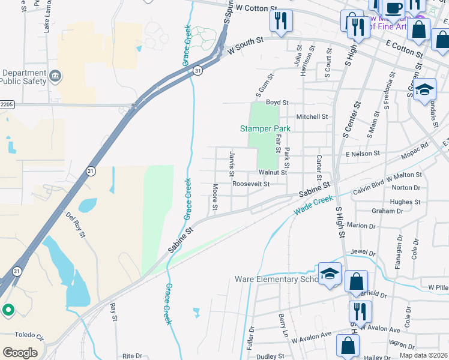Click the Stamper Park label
(265, 128)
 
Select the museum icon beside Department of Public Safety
(55, 76)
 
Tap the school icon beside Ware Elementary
(330, 274)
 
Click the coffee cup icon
(394, 8)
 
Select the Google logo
(20, 352)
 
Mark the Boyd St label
(278, 103)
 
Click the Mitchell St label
(312, 116)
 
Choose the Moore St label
(214, 197)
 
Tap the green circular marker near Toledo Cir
(8, 310)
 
